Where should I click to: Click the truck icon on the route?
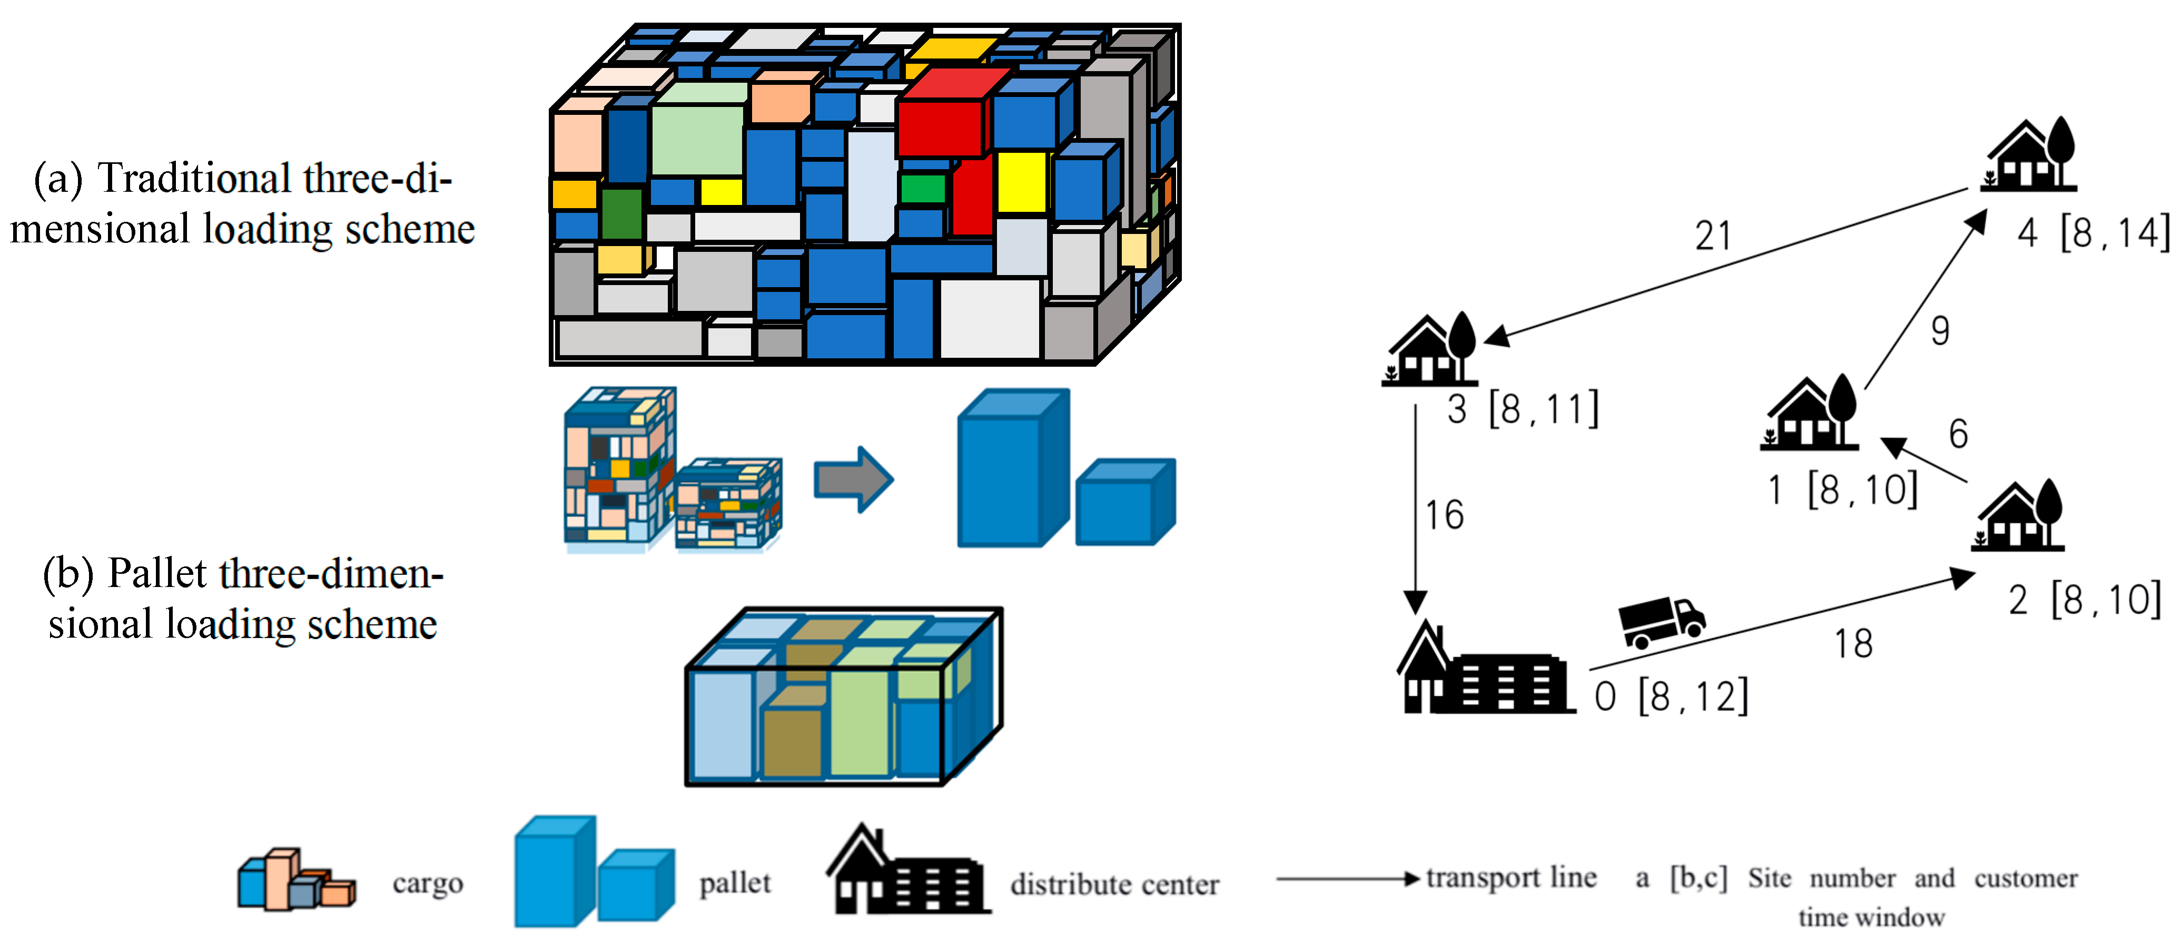click(x=1660, y=621)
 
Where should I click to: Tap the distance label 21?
click(x=1713, y=236)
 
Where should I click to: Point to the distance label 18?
click(x=1853, y=644)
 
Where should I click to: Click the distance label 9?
click(x=1940, y=330)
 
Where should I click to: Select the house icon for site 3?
click(x=1430, y=350)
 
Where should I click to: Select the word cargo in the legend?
click(x=428, y=884)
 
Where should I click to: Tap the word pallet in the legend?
click(x=734, y=884)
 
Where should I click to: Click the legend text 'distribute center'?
click(x=1114, y=885)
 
